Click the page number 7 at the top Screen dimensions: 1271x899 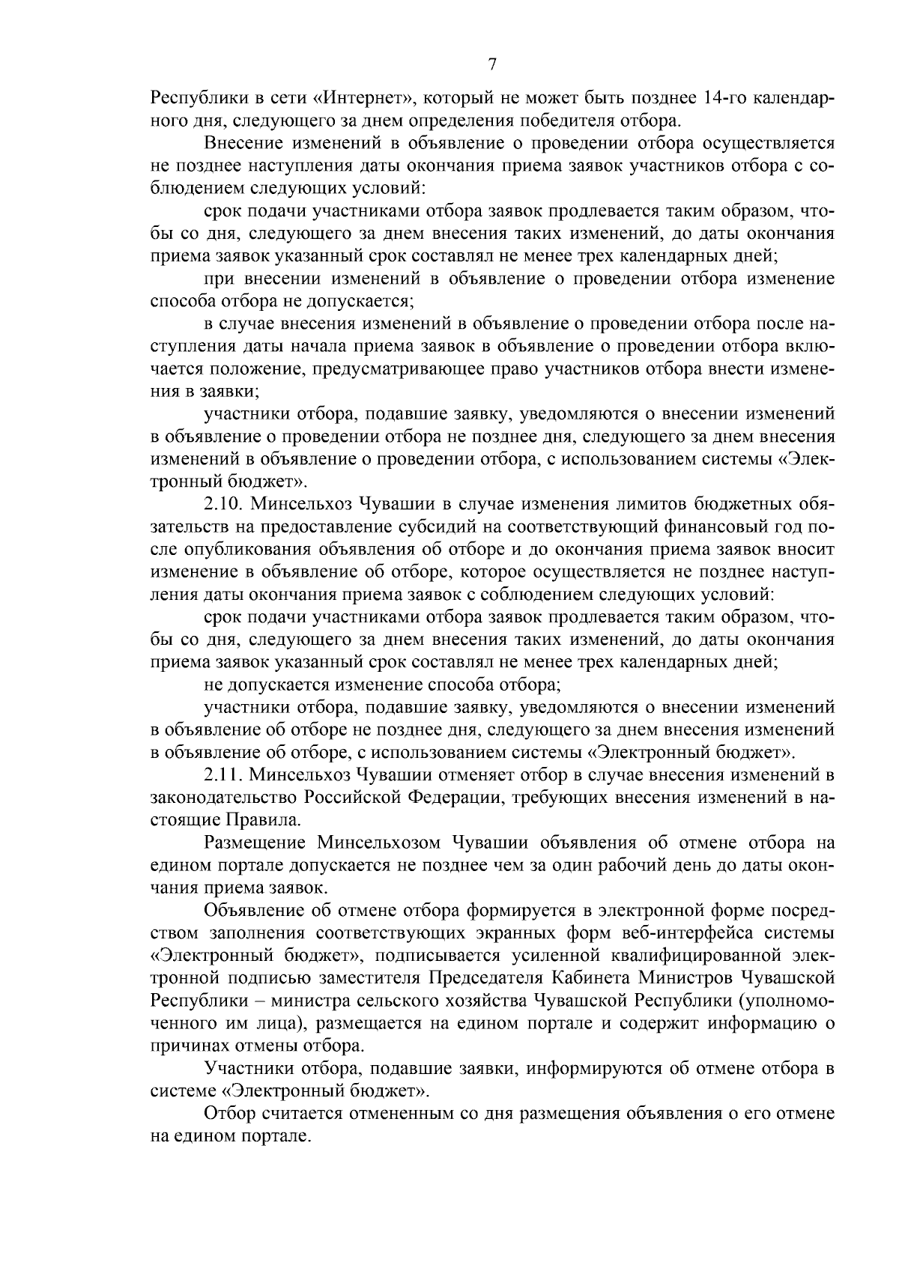pos(492,64)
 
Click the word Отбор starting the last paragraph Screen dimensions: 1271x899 pos(228,1114)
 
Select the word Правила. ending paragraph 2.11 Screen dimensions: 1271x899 pos(270,819)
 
